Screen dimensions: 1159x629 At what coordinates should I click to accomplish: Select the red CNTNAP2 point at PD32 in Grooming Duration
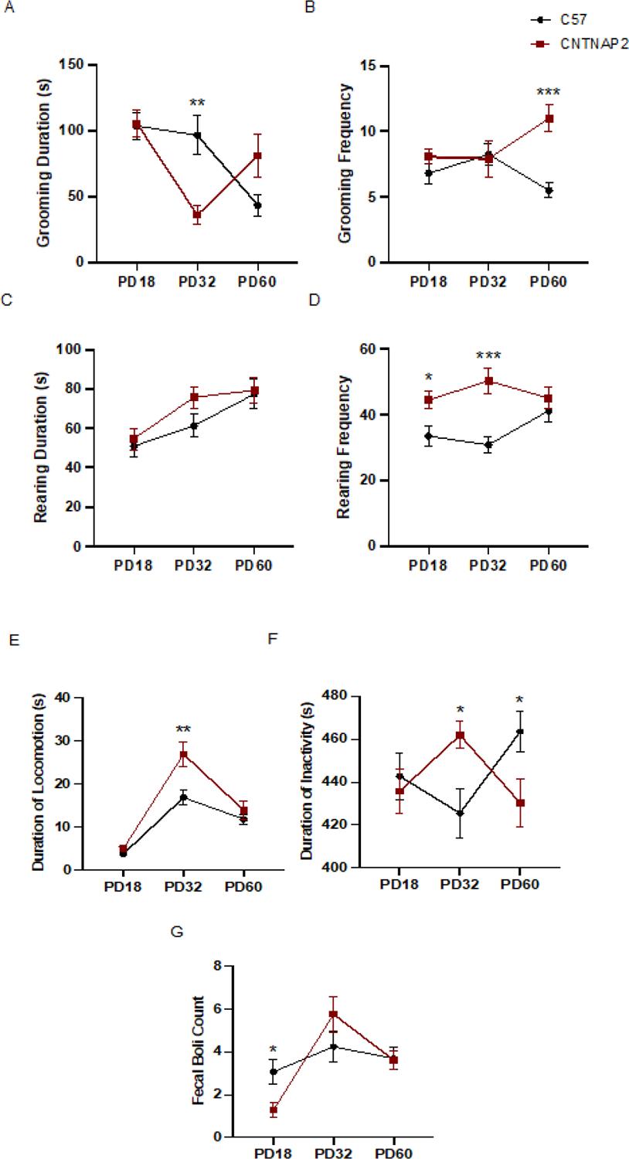[197, 215]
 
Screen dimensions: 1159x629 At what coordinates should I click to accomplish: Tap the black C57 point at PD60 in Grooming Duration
[257, 206]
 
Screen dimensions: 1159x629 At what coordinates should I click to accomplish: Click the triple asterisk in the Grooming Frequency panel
[548, 93]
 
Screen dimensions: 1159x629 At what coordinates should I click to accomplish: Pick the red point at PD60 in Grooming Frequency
[549, 118]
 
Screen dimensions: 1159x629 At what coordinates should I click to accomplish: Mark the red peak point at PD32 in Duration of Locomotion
[184, 754]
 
